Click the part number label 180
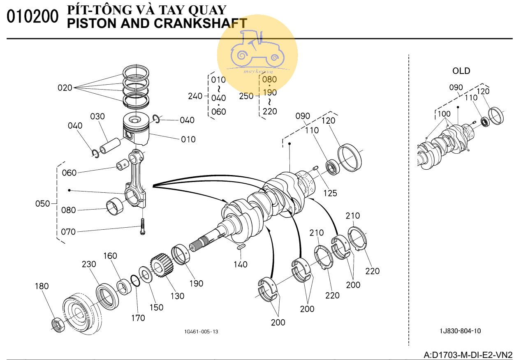coord(42,286)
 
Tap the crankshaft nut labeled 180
coord(57,324)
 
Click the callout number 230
coord(88,265)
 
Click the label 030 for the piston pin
coord(97,117)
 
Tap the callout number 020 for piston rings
coord(65,88)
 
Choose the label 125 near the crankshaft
coord(330,192)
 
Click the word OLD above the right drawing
coord(461,71)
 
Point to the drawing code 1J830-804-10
coord(460,331)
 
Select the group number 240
coord(195,96)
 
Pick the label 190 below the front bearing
coord(197,283)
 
